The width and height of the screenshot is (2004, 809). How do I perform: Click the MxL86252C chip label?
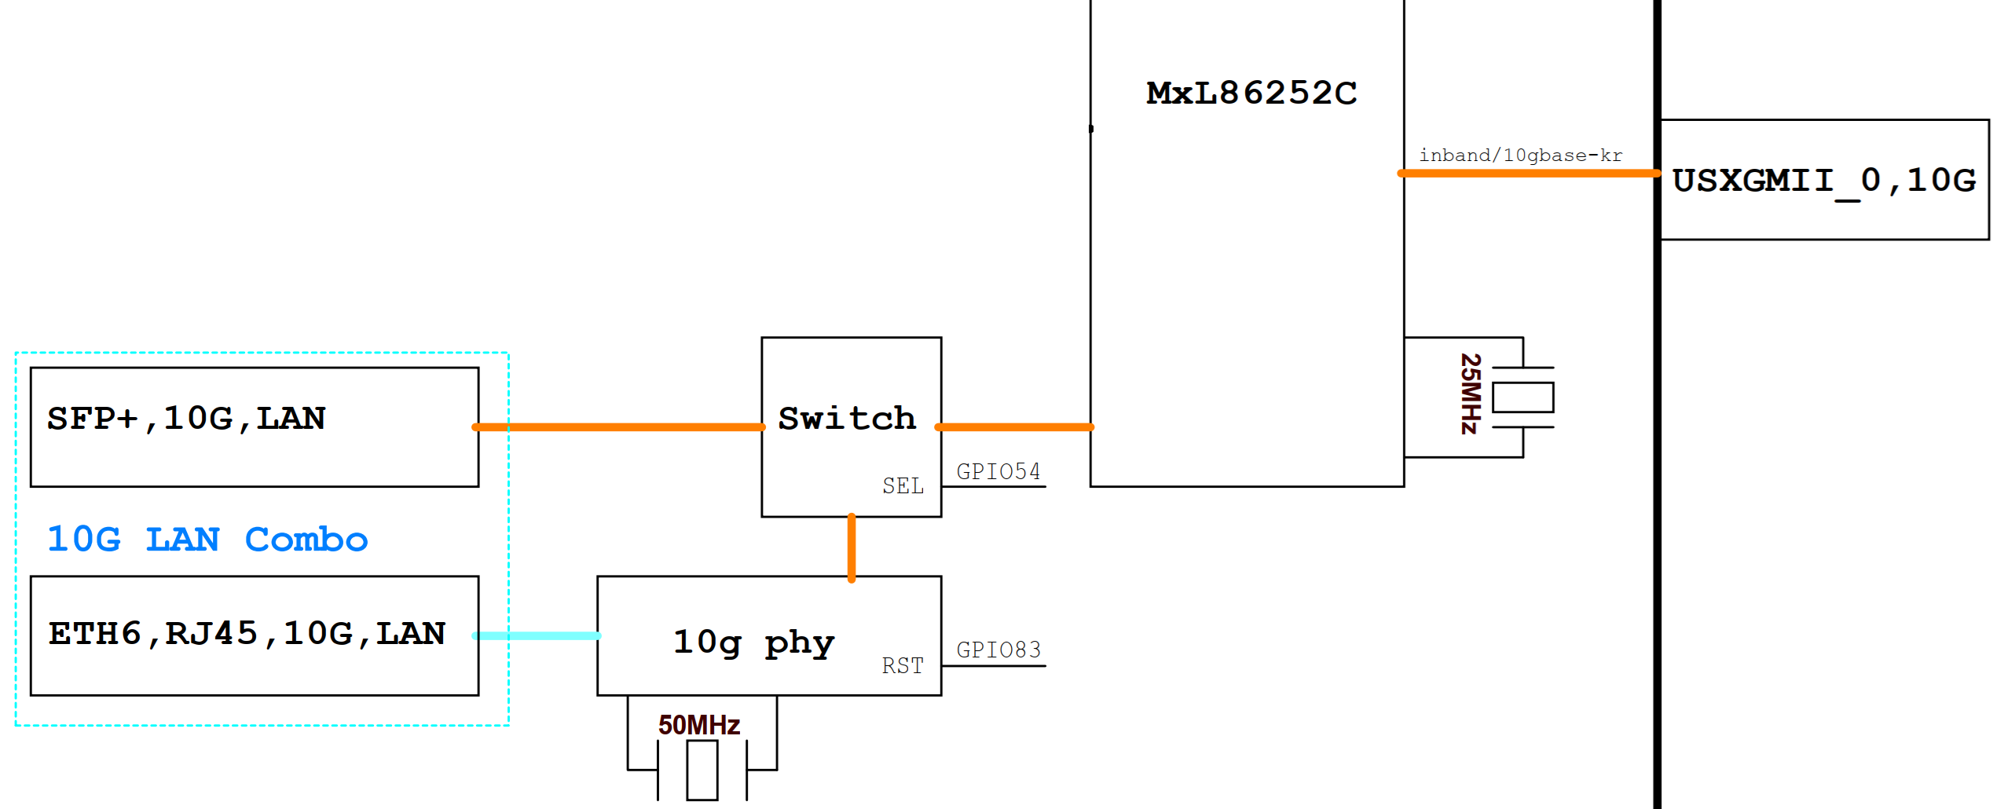1251,93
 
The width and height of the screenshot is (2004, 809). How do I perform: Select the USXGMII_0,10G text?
1823,181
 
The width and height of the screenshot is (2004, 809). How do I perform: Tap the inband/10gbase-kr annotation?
1519,156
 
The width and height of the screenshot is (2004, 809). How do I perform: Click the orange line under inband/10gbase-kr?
1528,174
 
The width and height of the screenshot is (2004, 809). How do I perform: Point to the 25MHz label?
1470,394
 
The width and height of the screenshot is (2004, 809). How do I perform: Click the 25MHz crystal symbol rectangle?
1522,397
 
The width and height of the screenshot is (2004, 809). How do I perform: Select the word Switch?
847,419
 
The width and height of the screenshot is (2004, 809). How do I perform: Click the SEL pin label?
903,486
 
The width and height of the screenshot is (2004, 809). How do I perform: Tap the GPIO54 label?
998,472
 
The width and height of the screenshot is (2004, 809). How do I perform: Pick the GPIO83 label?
998,650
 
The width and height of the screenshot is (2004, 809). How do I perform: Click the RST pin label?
903,666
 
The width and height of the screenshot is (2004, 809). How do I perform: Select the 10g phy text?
753,642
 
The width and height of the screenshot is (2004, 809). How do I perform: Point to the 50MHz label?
698,725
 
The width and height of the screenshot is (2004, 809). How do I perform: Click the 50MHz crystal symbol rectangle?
702,771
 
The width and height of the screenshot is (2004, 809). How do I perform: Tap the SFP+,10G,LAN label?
186,419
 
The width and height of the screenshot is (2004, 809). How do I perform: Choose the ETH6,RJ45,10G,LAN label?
247,634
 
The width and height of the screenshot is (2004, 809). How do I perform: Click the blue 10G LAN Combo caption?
207,540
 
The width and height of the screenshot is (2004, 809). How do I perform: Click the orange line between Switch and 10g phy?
852,547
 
